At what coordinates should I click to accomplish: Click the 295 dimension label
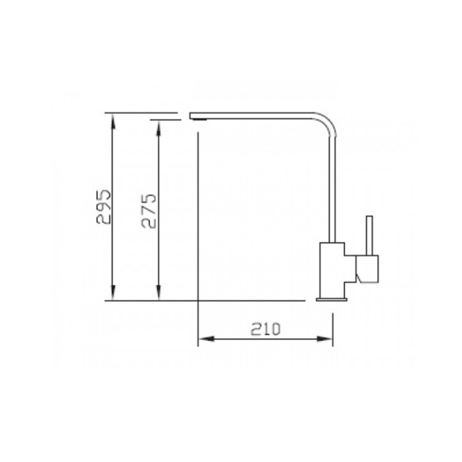point(104,207)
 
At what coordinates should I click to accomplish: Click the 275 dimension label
point(149,211)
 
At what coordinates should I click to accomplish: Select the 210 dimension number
point(266,329)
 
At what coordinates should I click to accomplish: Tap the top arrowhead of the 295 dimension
point(113,121)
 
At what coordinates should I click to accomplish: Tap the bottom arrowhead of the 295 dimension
point(113,293)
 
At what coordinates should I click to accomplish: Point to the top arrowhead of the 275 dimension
point(159,128)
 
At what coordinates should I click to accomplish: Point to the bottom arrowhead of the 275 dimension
point(159,293)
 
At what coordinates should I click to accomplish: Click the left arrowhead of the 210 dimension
point(206,339)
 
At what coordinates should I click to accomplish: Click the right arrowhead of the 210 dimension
point(325,339)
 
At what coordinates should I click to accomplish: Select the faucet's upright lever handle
point(370,236)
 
